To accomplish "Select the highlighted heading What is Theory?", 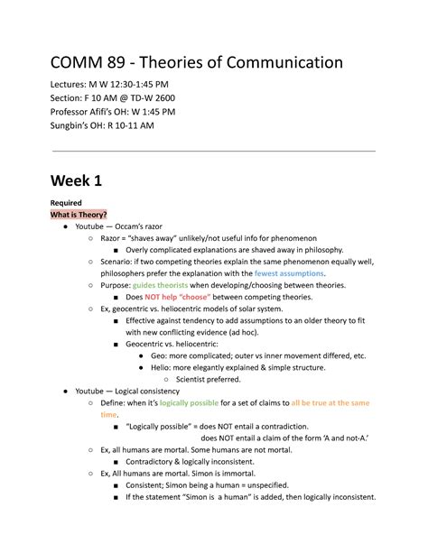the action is click(79, 214).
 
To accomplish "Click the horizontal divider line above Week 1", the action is click(213, 152).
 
